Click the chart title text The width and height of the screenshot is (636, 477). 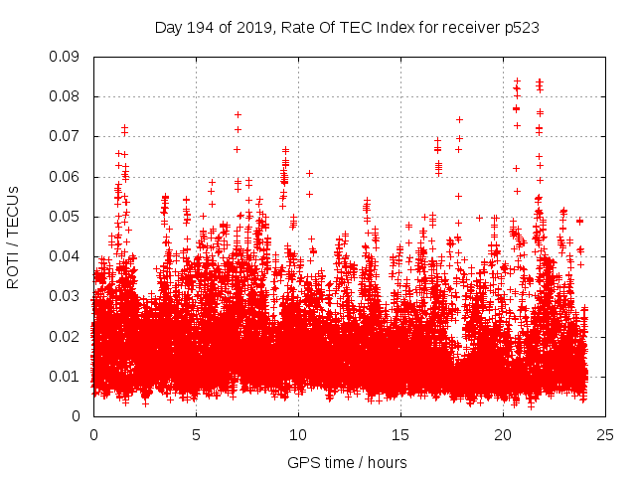[x=347, y=28]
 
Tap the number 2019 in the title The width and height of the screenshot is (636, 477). [x=247, y=28]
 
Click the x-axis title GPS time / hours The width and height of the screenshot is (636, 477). [x=347, y=462]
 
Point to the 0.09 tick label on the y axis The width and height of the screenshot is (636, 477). [x=66, y=57]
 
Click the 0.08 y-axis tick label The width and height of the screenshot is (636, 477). [x=66, y=96]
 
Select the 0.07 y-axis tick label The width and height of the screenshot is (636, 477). [x=66, y=136]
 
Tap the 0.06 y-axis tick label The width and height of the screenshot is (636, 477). [x=66, y=177]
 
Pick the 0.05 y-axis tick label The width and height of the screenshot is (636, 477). [x=66, y=217]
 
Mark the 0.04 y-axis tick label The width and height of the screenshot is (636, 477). [x=66, y=256]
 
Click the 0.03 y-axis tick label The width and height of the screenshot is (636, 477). [x=66, y=296]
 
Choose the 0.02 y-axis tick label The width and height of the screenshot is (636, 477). [x=66, y=336]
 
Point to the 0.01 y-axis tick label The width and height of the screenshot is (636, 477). [x=66, y=376]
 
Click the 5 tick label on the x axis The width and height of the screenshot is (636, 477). [x=196, y=434]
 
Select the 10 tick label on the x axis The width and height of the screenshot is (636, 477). [x=298, y=434]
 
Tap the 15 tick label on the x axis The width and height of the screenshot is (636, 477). [x=400, y=434]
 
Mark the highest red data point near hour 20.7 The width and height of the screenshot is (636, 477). [x=517, y=80]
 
